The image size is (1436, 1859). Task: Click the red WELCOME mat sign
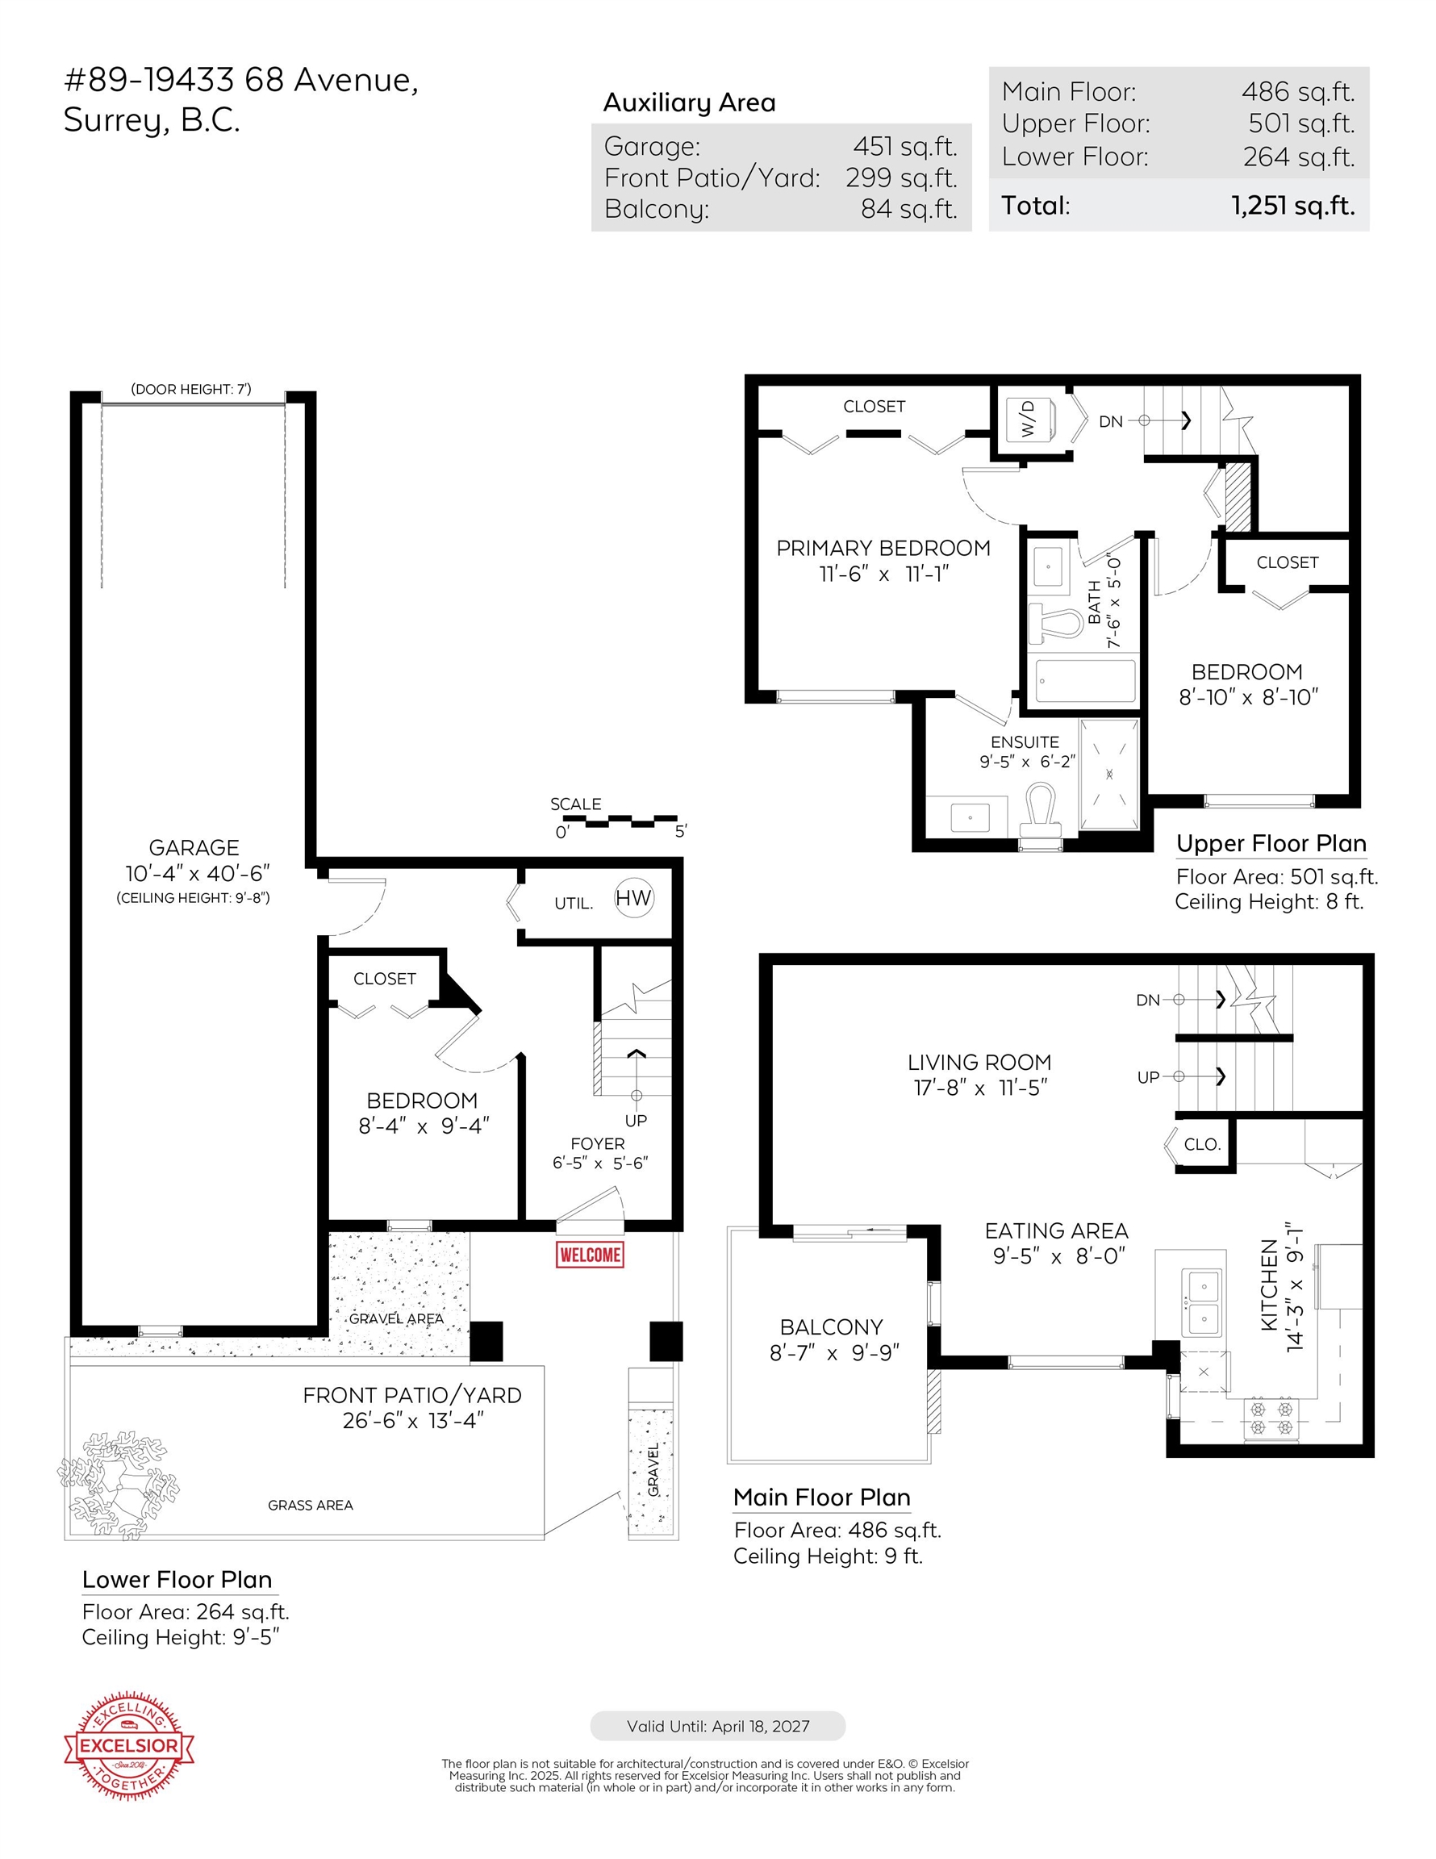pyautogui.click(x=589, y=1255)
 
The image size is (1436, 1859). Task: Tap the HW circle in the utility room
pyautogui.click(x=634, y=898)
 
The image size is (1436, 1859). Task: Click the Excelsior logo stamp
pyautogui.click(x=128, y=1745)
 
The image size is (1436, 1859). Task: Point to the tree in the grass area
pyautogui.click(x=119, y=1485)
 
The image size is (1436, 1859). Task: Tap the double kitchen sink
pyautogui.click(x=1204, y=1302)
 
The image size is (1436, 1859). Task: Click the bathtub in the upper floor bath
pyautogui.click(x=1082, y=681)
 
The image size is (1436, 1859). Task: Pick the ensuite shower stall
pyautogui.click(x=1109, y=774)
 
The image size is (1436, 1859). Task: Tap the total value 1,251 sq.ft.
pyautogui.click(x=1293, y=206)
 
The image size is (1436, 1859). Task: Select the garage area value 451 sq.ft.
pyautogui.click(x=905, y=146)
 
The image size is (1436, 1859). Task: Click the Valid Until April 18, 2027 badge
pyautogui.click(x=717, y=1726)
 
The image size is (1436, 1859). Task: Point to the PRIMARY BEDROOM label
pyautogui.click(x=883, y=548)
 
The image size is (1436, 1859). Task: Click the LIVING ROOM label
pyautogui.click(x=979, y=1063)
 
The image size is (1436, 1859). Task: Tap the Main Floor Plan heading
pyautogui.click(x=821, y=1498)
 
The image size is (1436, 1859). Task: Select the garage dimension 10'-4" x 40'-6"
pyautogui.click(x=198, y=873)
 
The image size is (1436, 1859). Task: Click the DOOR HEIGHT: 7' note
pyautogui.click(x=191, y=389)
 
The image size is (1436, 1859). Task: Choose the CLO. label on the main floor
pyautogui.click(x=1202, y=1145)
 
